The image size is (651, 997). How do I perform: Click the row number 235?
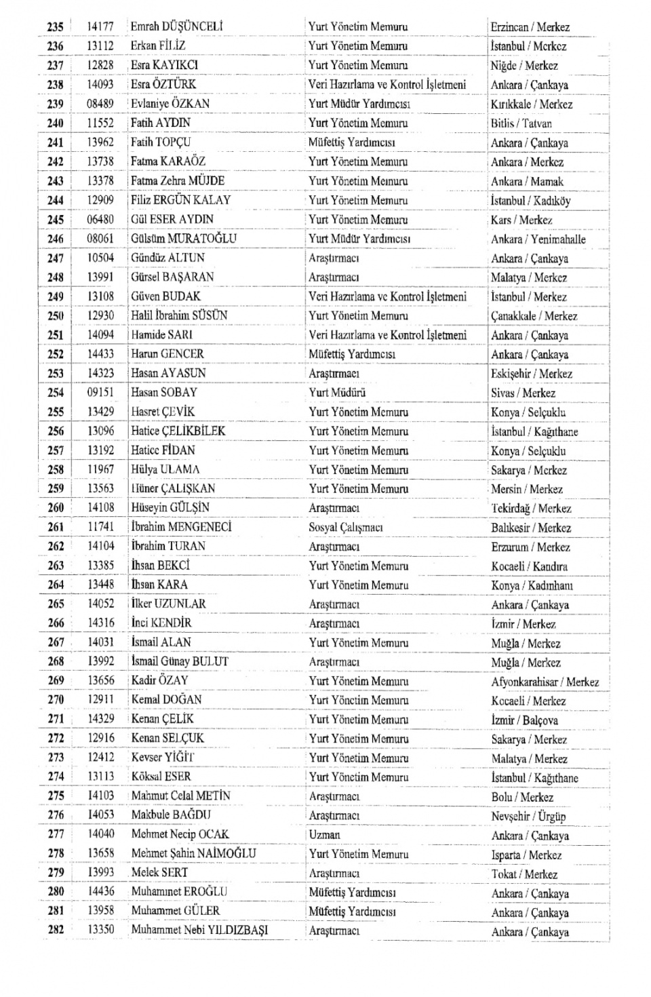(x=55, y=27)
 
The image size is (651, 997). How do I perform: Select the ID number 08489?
(x=100, y=104)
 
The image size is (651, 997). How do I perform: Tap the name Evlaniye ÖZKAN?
(x=170, y=104)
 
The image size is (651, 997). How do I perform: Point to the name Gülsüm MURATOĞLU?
(x=184, y=239)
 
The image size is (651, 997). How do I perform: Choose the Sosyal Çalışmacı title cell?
(x=346, y=527)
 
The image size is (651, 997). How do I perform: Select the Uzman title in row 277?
(x=324, y=835)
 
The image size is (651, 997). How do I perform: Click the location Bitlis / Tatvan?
(x=521, y=123)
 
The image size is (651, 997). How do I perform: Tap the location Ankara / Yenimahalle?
(x=538, y=239)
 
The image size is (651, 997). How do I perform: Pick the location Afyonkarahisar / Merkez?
(x=545, y=682)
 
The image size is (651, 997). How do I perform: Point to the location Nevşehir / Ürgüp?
(x=528, y=817)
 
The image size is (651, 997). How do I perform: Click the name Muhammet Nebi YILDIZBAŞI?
(x=199, y=930)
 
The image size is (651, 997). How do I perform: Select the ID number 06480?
(x=100, y=220)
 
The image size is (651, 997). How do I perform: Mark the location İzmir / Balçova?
(x=525, y=720)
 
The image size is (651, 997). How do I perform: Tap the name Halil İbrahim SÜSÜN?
(x=179, y=315)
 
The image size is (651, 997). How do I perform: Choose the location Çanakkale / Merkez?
(x=534, y=316)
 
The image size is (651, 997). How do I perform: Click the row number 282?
(x=56, y=930)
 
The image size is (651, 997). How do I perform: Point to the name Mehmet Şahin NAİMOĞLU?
(x=194, y=853)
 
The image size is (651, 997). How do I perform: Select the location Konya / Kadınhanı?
(x=532, y=585)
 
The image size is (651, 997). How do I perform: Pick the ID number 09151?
(x=100, y=393)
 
